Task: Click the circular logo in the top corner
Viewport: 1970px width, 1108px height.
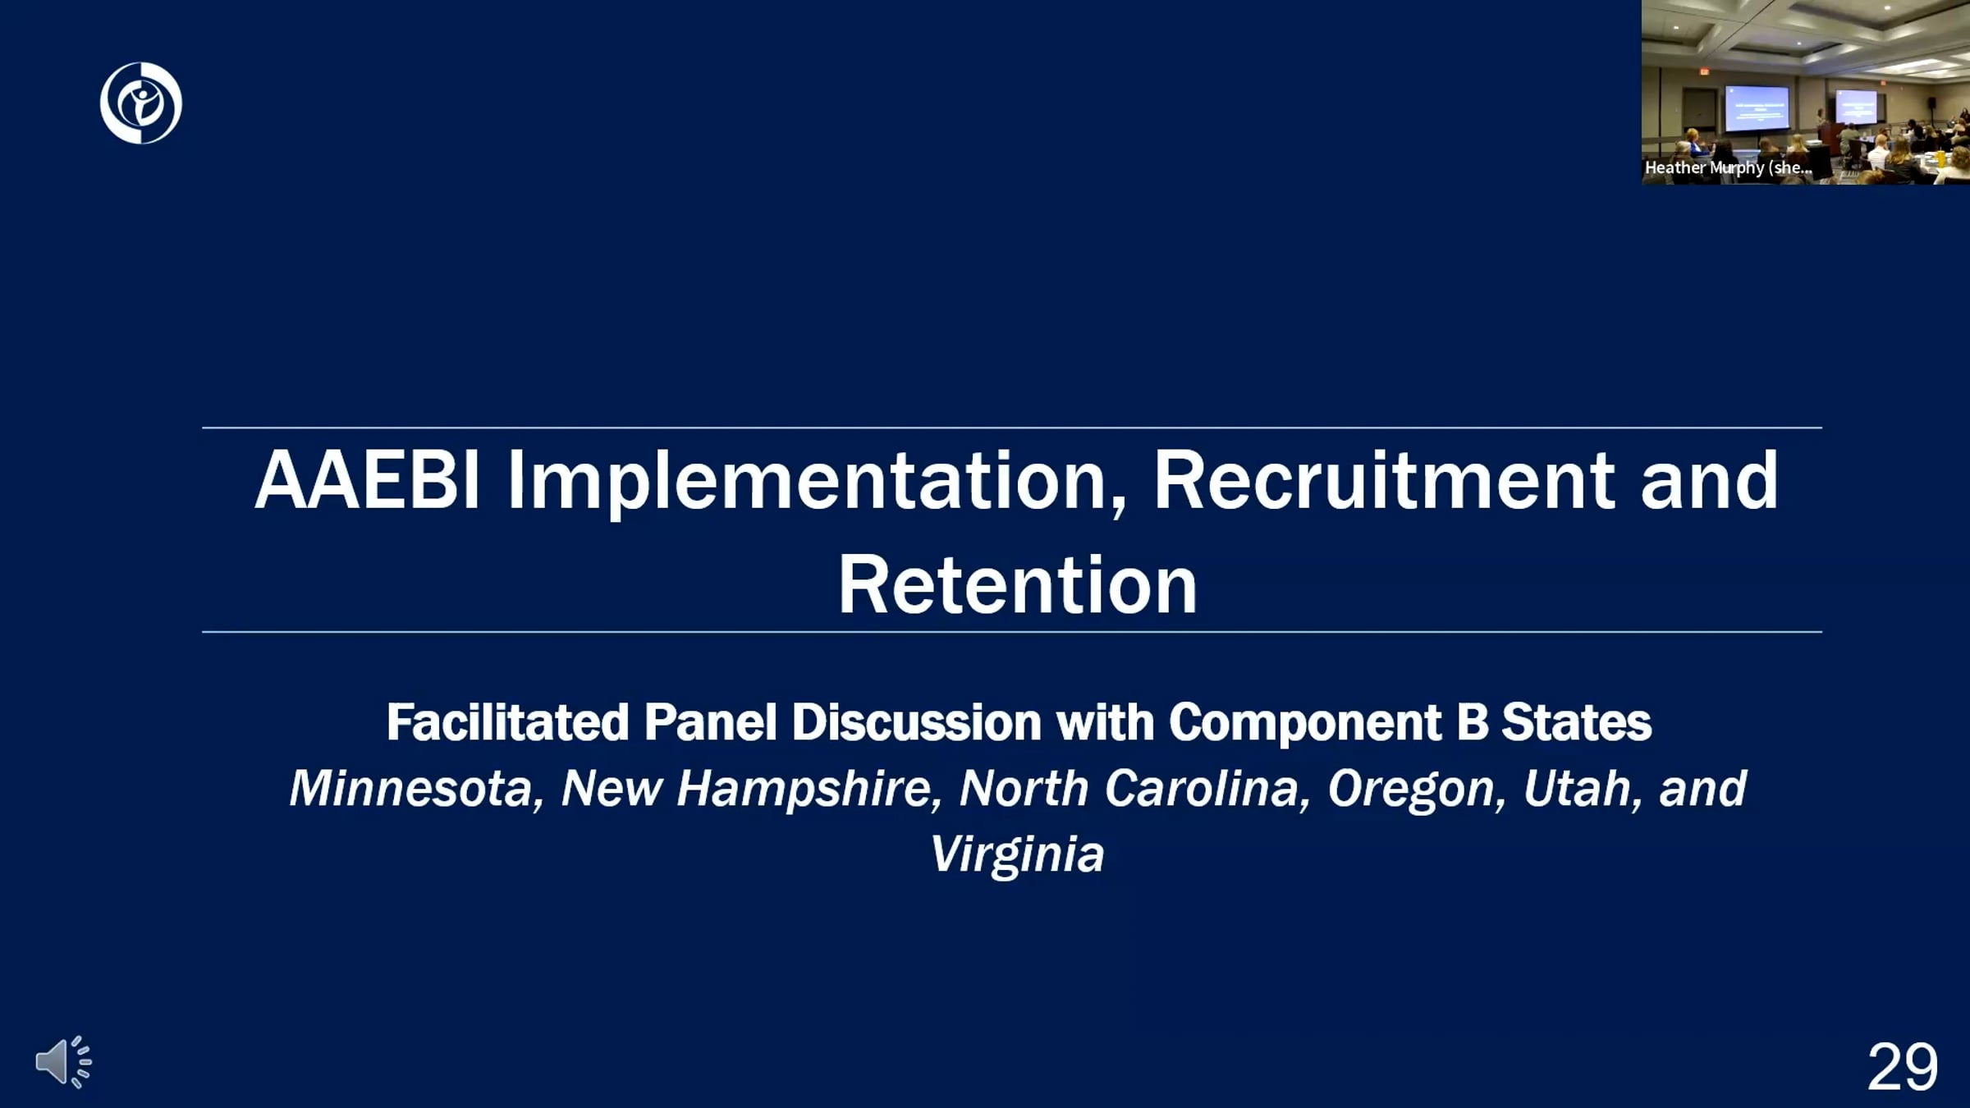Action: [140, 103]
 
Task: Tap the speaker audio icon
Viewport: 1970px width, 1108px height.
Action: [63, 1062]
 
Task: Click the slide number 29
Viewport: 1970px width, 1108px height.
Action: [1903, 1067]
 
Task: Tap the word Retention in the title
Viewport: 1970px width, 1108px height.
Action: [1017, 584]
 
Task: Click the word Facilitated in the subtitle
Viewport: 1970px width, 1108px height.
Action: [507, 722]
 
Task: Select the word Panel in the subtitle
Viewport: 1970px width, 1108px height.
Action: [710, 722]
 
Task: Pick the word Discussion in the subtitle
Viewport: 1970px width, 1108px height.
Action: [916, 722]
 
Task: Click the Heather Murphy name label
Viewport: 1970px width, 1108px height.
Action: [1728, 167]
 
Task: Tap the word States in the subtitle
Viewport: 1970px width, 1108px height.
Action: [1576, 722]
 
